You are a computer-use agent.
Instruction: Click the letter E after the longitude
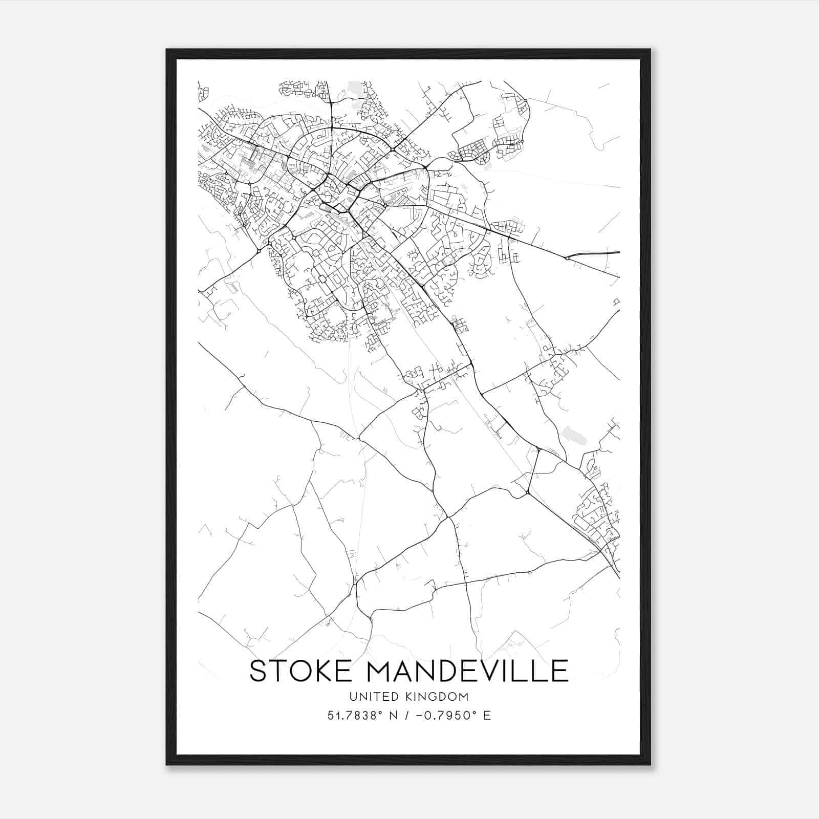pyautogui.click(x=487, y=716)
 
